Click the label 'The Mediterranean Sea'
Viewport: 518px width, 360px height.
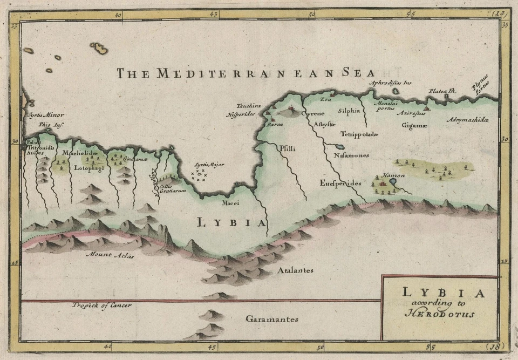tap(246, 73)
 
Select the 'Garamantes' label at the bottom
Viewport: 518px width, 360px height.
tap(272, 319)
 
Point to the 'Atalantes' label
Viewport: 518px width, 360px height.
tap(295, 270)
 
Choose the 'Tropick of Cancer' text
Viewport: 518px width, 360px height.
tap(102, 305)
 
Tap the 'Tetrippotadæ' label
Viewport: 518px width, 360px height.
tap(360, 133)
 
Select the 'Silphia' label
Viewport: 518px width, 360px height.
tap(349, 111)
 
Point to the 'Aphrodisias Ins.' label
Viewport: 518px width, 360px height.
tap(390, 83)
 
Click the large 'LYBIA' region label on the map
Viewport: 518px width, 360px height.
tap(231, 222)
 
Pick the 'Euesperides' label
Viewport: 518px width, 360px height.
tap(340, 183)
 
